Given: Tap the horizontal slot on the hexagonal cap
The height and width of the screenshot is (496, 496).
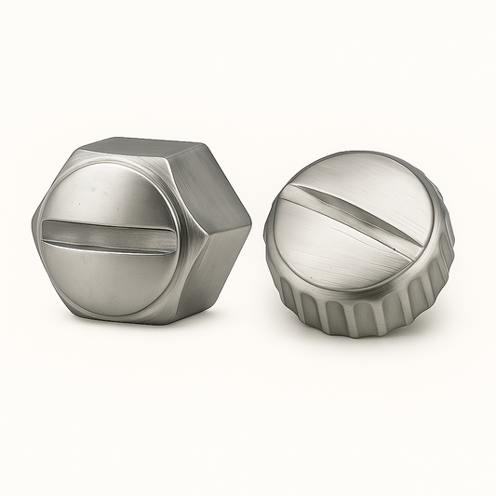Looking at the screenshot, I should (x=109, y=236).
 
